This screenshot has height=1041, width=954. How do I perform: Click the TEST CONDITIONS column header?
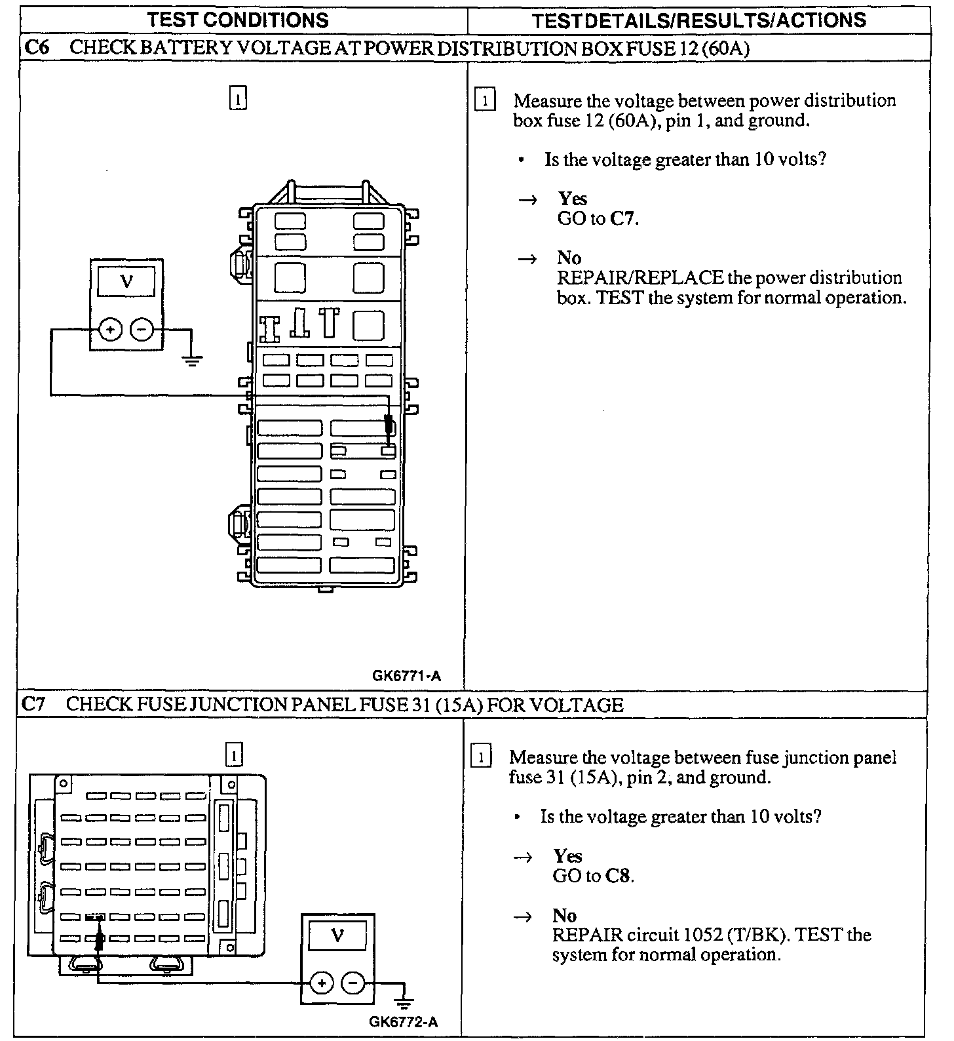click(238, 20)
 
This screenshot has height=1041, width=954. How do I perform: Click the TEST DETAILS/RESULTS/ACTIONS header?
click(699, 20)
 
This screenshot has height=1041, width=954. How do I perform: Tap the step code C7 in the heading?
click(33, 705)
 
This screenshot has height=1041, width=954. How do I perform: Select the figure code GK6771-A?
click(406, 675)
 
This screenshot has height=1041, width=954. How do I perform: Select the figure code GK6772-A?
click(404, 1021)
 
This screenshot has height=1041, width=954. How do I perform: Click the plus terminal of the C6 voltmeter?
click(111, 330)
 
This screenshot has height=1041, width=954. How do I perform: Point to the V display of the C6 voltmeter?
click(126, 283)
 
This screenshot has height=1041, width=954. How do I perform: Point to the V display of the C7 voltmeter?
click(337, 935)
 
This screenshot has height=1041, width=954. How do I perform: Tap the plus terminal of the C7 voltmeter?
click(321, 983)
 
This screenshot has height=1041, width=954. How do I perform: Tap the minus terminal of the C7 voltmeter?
click(353, 983)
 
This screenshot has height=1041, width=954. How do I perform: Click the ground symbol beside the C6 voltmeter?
click(192, 360)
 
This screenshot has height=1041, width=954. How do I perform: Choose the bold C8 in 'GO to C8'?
click(619, 876)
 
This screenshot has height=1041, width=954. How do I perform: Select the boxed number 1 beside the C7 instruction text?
click(481, 758)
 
